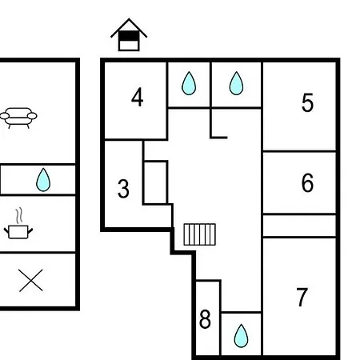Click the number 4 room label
(x=138, y=98)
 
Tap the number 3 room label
(x=123, y=189)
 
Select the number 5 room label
(x=307, y=102)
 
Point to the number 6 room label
(x=307, y=182)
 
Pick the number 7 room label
(x=302, y=297)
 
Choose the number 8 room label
(x=205, y=319)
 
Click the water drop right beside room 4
(x=189, y=83)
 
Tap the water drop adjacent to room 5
(x=236, y=83)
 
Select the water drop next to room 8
(x=241, y=336)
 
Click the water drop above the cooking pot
(x=43, y=180)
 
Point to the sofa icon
(x=18, y=118)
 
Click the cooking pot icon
(x=18, y=232)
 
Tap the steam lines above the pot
(x=18, y=216)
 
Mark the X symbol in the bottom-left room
(x=31, y=280)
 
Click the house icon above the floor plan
(x=129, y=34)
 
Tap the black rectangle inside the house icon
(x=129, y=36)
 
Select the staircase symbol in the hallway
(x=200, y=234)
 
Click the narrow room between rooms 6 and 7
(x=299, y=226)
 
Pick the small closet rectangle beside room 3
(x=155, y=182)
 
